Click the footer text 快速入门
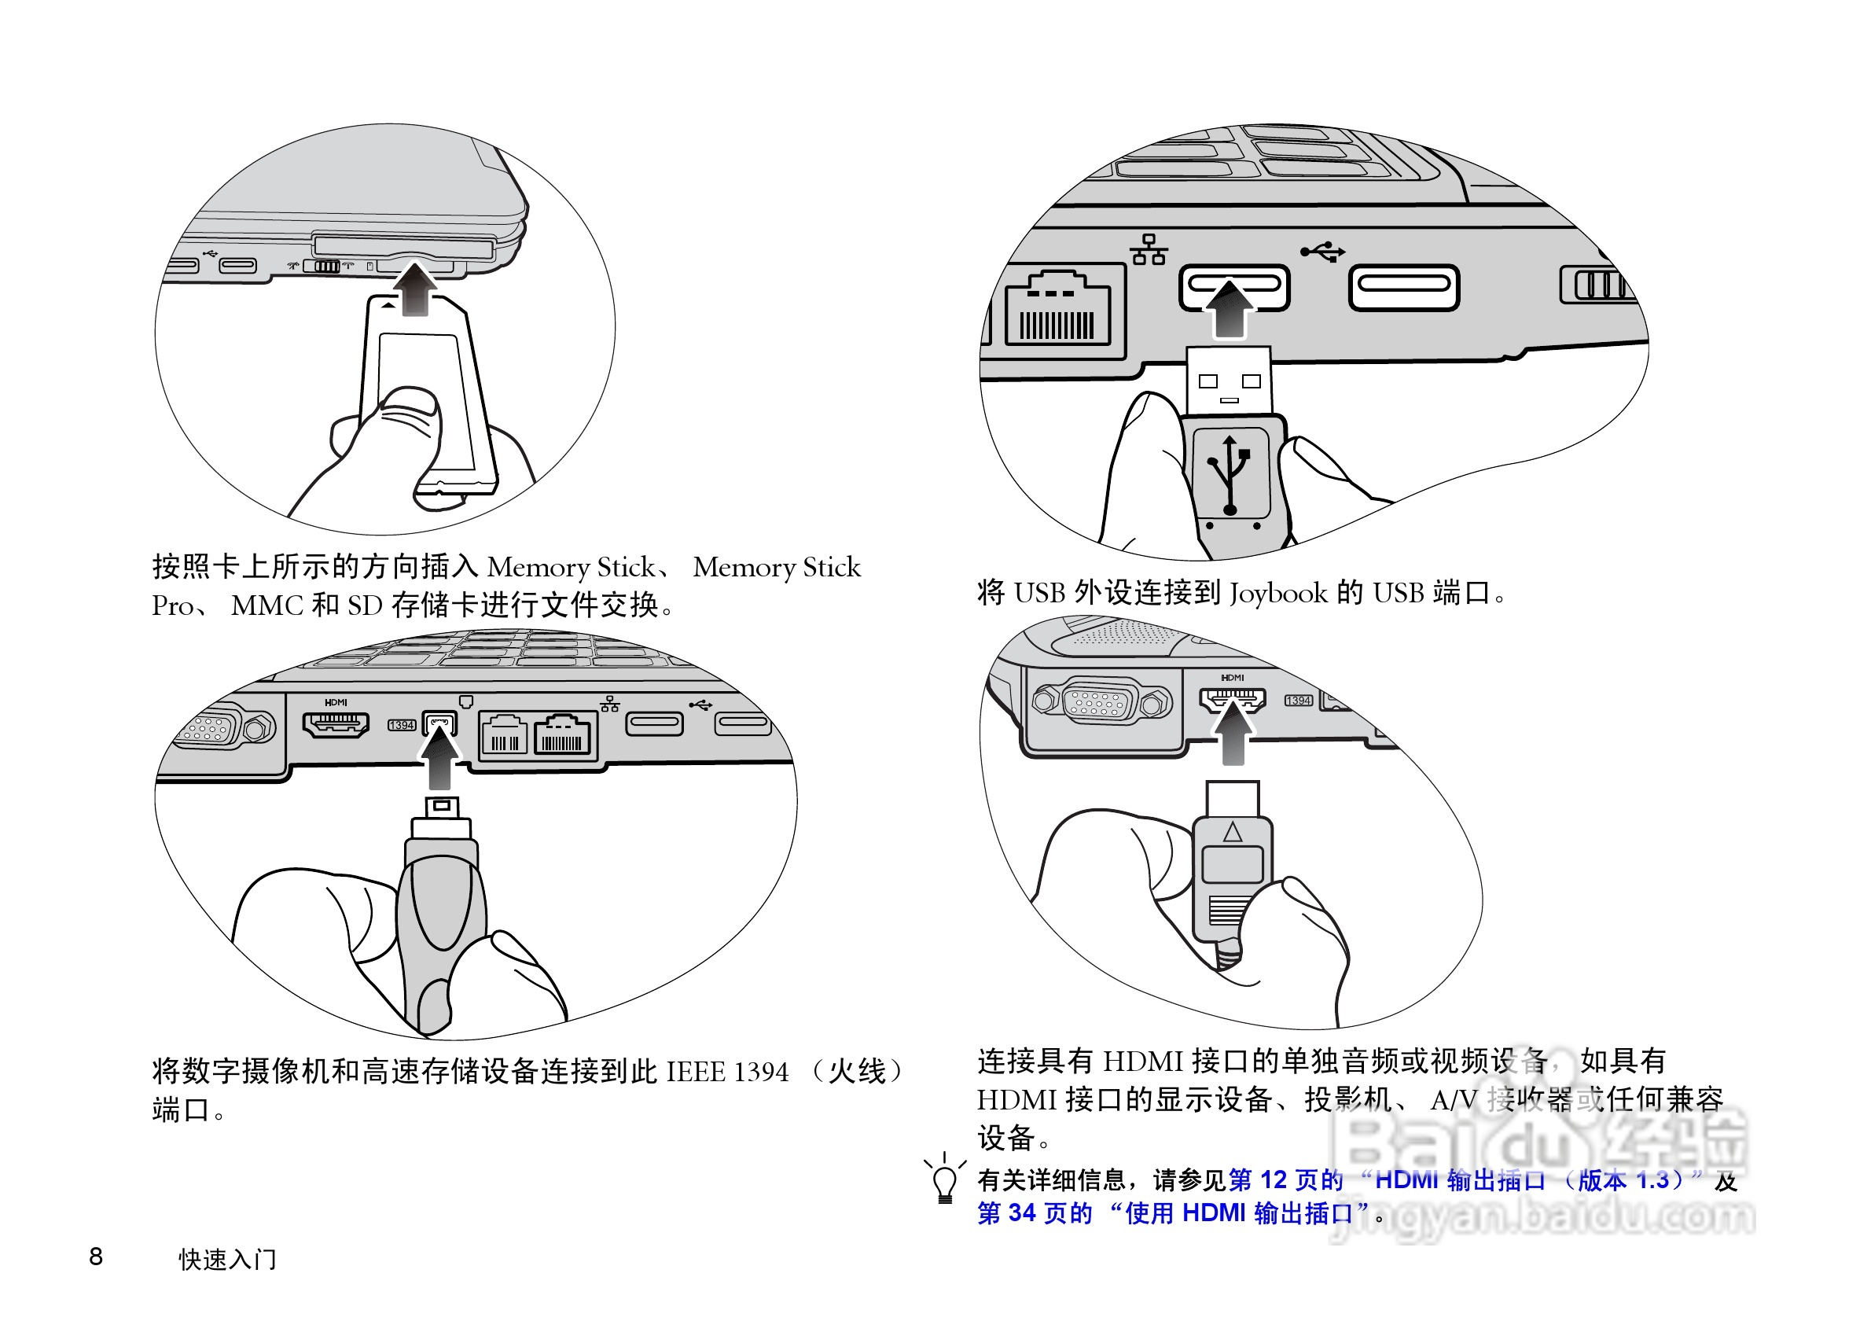pos(227,1259)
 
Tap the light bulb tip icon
pos(944,1181)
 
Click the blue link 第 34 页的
pos(1034,1213)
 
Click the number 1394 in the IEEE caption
pos(760,1071)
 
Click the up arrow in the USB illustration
pos(1229,308)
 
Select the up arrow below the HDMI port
pos(1233,733)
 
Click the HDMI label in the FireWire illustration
pos(336,702)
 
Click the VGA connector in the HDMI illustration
pos(1101,701)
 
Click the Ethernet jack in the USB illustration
pos(1057,311)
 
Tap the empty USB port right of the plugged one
pos(1403,287)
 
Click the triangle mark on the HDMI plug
pos(1232,832)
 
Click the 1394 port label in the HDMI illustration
pos(1298,701)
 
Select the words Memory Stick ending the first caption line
pos(776,567)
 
